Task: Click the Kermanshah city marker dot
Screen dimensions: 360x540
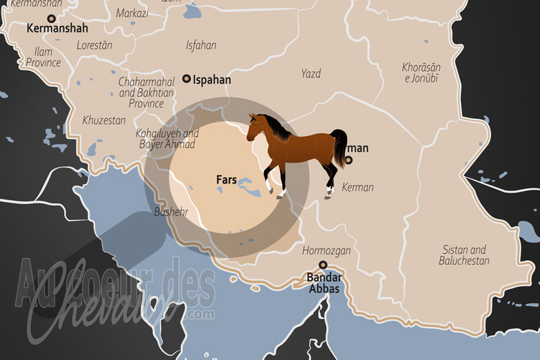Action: (50, 20)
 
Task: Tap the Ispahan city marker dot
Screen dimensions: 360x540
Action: (187, 79)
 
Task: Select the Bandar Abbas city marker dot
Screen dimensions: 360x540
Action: (323, 265)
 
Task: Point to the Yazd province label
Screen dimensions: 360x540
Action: (311, 73)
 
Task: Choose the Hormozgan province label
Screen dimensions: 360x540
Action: (326, 251)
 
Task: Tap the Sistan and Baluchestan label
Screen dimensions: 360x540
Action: (464, 255)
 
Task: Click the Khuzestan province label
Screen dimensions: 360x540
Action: (104, 120)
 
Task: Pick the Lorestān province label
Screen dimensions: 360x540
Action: (94, 45)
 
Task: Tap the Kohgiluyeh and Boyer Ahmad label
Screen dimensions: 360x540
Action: (166, 139)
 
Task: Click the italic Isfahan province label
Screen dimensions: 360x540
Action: (201, 45)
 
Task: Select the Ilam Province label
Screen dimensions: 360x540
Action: (43, 57)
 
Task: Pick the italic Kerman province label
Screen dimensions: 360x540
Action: (358, 187)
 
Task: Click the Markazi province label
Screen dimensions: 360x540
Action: (132, 13)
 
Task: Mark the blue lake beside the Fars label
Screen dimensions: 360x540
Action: (243, 182)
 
